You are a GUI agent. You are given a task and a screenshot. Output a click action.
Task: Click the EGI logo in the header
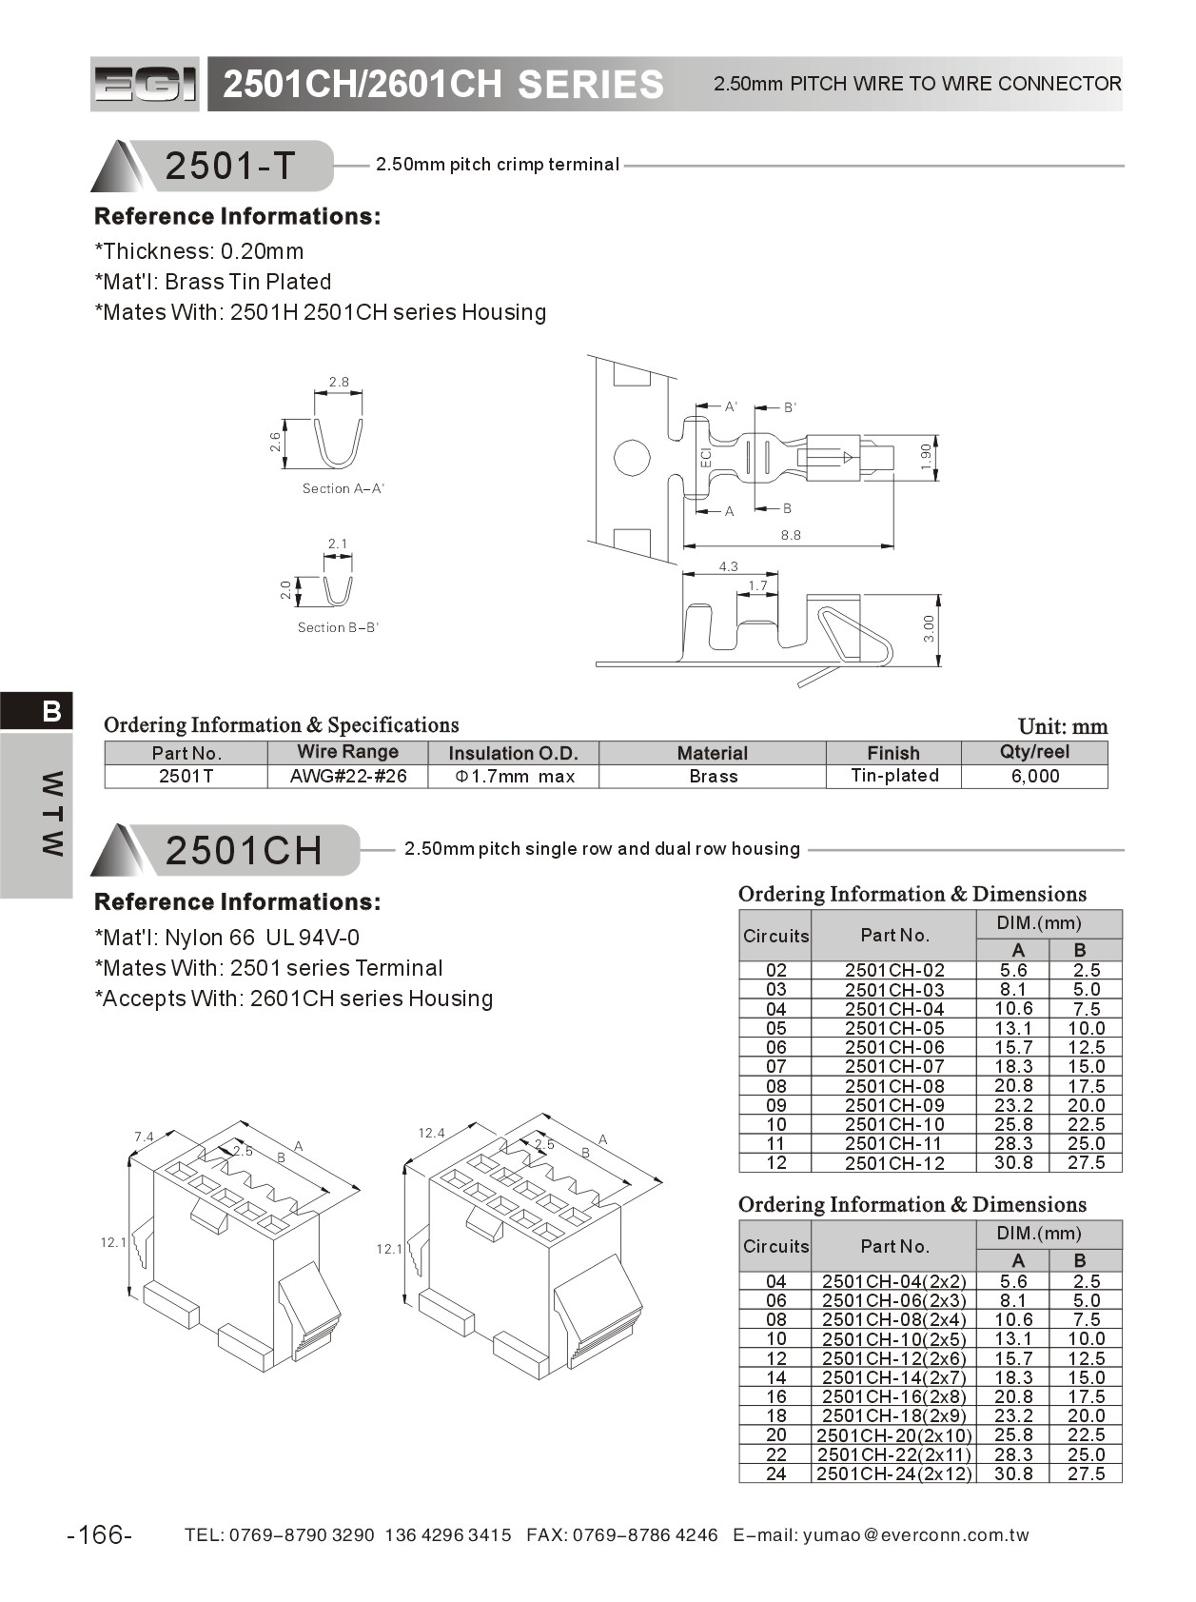click(x=146, y=84)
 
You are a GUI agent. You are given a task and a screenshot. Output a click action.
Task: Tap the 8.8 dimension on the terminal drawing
click(x=791, y=535)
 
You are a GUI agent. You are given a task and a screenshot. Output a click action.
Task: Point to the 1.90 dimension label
click(x=926, y=457)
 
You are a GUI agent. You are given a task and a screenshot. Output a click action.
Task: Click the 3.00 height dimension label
click(x=929, y=628)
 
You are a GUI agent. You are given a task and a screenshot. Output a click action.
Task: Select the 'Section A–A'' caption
click(x=343, y=488)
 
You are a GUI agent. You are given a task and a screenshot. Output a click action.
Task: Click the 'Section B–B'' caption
click(x=338, y=627)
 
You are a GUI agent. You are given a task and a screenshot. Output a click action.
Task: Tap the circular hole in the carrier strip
click(x=632, y=458)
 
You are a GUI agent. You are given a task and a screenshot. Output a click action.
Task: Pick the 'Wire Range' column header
click(x=347, y=752)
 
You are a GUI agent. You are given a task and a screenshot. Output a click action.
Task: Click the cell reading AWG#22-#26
click(x=348, y=777)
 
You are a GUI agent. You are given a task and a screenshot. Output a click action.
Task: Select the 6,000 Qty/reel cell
click(x=1034, y=777)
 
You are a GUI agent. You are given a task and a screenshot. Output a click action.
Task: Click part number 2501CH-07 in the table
click(x=893, y=1067)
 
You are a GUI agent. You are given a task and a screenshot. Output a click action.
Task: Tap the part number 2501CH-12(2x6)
click(x=893, y=1358)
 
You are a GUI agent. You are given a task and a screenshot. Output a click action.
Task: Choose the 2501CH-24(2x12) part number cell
click(x=893, y=1473)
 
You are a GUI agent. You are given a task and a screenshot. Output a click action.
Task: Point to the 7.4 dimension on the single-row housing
click(x=144, y=1137)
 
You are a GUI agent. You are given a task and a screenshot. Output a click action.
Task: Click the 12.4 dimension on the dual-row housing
click(x=431, y=1133)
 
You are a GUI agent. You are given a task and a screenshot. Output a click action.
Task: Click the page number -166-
click(x=100, y=1534)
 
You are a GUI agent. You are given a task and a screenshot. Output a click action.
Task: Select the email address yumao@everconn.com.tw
click(x=915, y=1534)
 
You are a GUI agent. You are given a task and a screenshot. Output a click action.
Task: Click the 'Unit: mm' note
click(x=1062, y=727)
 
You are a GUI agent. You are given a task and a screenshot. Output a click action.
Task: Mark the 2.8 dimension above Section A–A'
click(x=339, y=383)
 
